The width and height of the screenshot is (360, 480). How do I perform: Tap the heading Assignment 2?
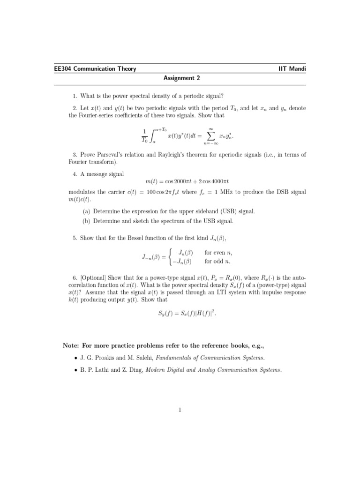(180, 78)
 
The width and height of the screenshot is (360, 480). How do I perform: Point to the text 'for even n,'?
(218, 253)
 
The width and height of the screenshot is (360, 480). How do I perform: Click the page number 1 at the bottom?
(180, 411)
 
